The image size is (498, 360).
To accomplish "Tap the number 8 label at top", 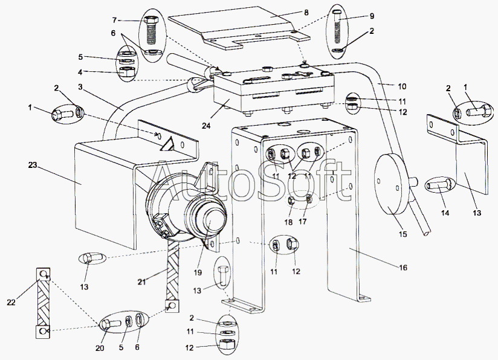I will pyautogui.click(x=306, y=11).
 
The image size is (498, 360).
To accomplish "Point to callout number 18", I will pyautogui.click(x=289, y=221).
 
